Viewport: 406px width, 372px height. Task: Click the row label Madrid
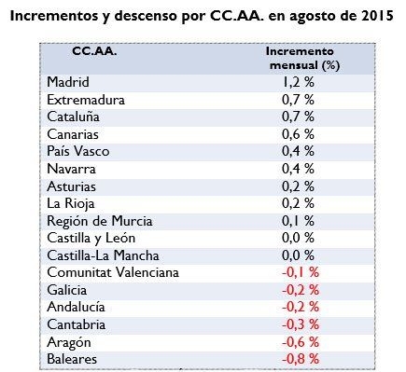coord(66,82)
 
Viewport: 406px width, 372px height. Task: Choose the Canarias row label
coord(72,134)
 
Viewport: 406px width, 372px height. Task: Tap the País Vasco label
coord(77,151)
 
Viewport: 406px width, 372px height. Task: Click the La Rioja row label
coord(70,203)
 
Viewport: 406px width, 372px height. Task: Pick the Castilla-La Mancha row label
coord(102,255)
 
